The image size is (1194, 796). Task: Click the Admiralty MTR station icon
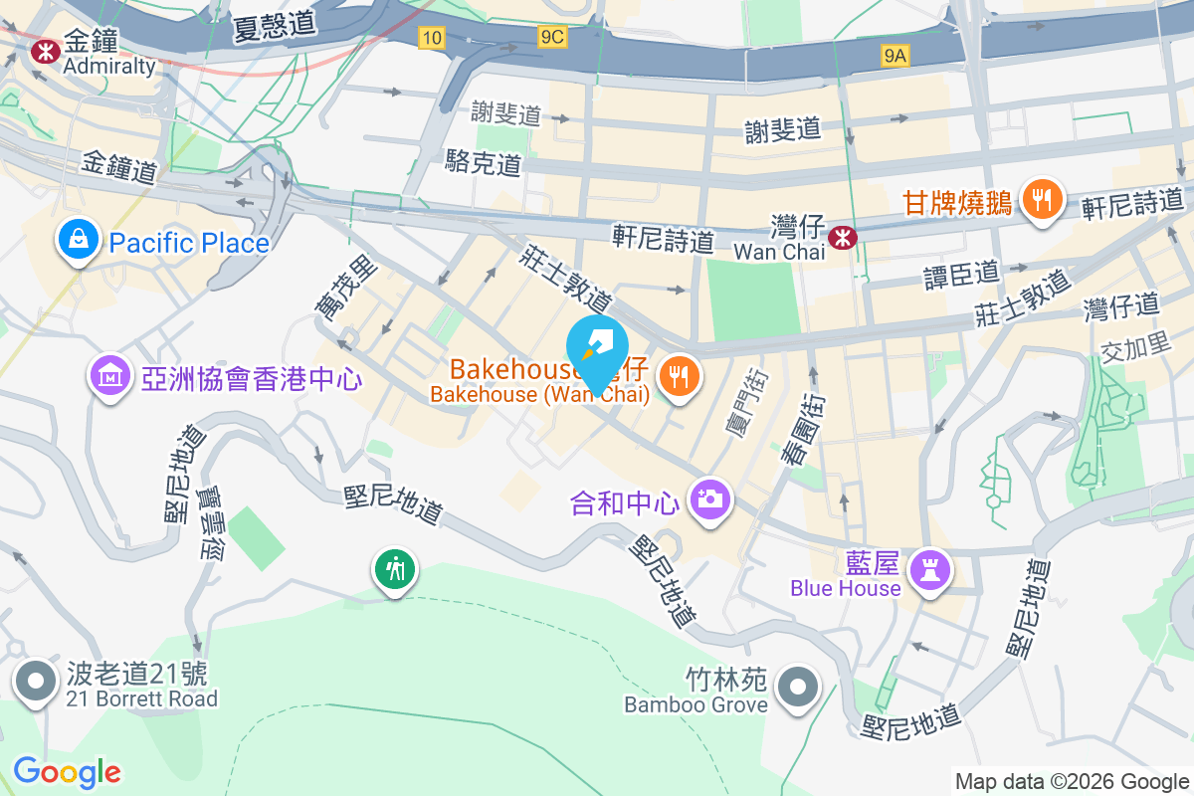[44, 50]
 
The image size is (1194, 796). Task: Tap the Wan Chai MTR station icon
[843, 237]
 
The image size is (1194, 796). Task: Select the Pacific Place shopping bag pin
[77, 240]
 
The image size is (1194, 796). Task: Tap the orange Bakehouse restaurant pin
[680, 376]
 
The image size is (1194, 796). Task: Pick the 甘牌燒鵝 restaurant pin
[1042, 199]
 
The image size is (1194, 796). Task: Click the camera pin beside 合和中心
[709, 497]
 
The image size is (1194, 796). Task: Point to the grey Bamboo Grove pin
[796, 687]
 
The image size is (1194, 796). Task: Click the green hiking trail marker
[396, 569]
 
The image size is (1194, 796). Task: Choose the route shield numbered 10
[431, 38]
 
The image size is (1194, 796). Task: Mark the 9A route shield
[895, 57]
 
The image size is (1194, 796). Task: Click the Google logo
[67, 771]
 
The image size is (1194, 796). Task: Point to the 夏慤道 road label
[275, 24]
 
